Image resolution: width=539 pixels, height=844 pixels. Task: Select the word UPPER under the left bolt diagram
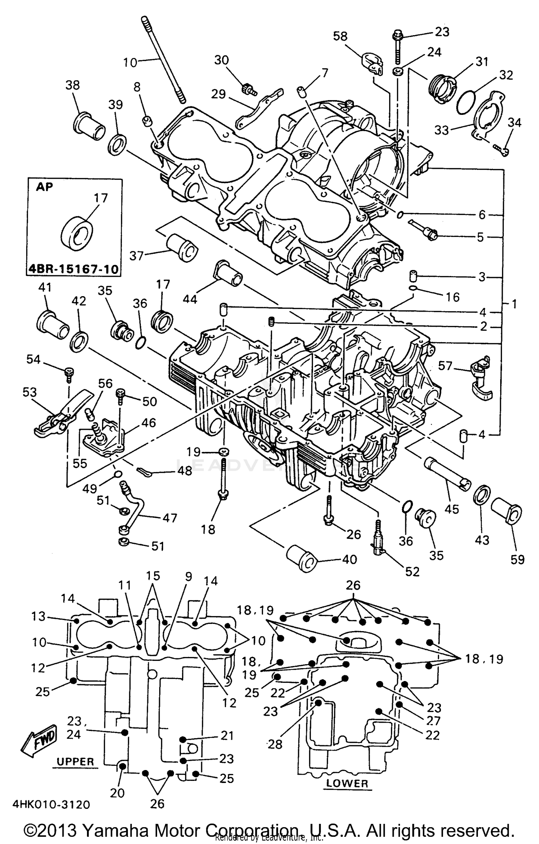point(75,761)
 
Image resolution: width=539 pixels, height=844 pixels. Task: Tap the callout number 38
point(73,85)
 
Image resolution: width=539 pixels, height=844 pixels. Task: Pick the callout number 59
point(517,559)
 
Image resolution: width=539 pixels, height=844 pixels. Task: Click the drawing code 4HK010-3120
point(51,805)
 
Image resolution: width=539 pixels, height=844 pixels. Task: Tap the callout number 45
point(452,509)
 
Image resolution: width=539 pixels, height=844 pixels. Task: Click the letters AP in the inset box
point(45,187)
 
